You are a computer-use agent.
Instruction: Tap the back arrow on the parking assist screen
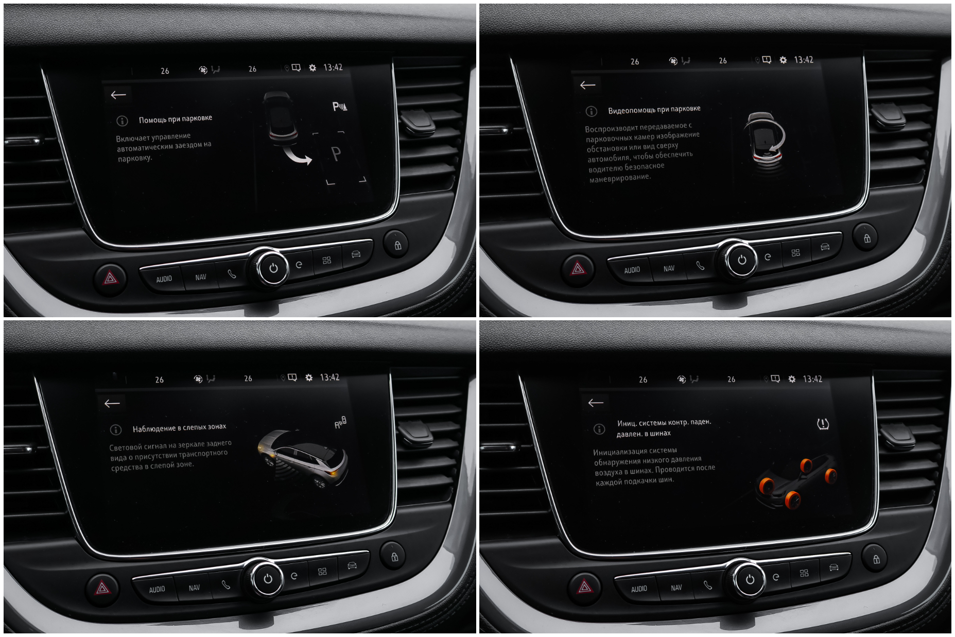point(118,95)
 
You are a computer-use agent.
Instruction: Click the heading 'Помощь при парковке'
point(176,119)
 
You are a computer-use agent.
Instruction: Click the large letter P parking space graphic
point(336,153)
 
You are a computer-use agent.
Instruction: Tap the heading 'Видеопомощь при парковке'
point(654,110)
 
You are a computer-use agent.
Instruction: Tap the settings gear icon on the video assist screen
point(783,60)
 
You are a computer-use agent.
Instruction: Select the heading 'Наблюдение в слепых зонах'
point(179,428)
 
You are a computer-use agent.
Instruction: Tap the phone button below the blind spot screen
point(226,585)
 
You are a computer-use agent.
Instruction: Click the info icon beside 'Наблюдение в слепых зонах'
point(116,429)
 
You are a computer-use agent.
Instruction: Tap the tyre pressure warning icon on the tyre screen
point(823,424)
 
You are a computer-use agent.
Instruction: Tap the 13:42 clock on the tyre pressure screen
point(812,379)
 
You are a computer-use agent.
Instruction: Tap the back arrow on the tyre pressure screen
point(596,403)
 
